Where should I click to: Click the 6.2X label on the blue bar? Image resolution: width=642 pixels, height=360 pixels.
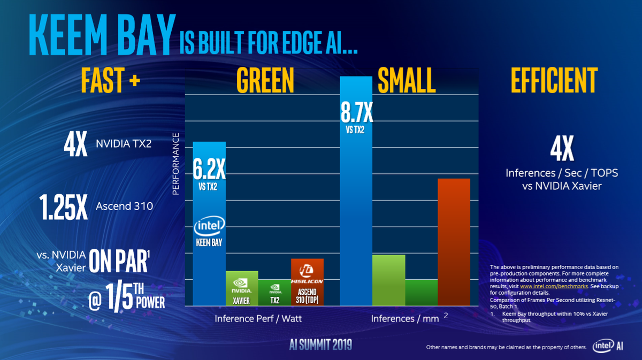(209, 170)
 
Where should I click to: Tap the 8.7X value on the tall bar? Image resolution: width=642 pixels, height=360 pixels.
(356, 113)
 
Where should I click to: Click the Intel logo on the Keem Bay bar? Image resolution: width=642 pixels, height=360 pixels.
(209, 227)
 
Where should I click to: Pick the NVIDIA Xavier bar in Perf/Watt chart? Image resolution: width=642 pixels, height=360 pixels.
(241, 288)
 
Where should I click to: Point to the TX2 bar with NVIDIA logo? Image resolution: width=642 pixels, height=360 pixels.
(274, 292)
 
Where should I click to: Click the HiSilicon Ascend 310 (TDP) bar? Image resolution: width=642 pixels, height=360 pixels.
(307, 281)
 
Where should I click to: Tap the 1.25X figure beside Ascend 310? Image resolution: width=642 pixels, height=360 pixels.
(63, 208)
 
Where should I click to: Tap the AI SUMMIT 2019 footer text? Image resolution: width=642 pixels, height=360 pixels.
(320, 344)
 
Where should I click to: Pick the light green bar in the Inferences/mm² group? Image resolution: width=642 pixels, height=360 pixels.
(388, 280)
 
